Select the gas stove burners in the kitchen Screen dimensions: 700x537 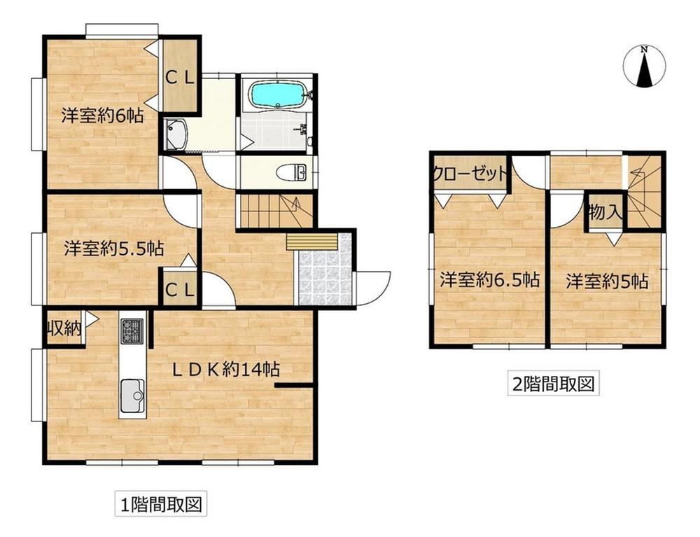click(x=132, y=331)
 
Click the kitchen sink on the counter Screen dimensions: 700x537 click(x=132, y=396)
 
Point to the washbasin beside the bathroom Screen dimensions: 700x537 click(x=176, y=134)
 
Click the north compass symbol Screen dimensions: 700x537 click(x=644, y=66)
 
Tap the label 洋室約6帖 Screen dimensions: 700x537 click(x=103, y=116)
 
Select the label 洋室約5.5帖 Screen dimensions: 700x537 click(x=114, y=248)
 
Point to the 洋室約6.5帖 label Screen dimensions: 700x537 click(x=490, y=280)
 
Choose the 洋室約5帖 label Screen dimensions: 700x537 click(x=607, y=281)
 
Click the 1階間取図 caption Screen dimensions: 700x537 click(x=161, y=504)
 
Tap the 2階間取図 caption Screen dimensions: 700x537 click(x=554, y=384)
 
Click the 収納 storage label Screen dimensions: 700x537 click(x=65, y=329)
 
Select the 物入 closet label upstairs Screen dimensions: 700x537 click(x=605, y=212)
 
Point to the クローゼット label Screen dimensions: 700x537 click(x=470, y=173)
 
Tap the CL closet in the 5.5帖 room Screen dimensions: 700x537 click(x=180, y=291)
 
